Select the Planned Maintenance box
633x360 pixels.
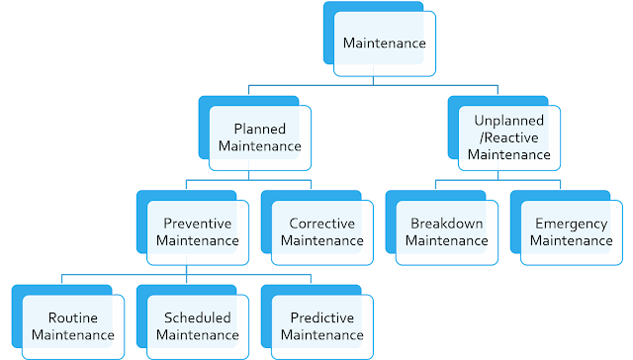(260, 137)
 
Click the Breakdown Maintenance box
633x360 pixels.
(446, 231)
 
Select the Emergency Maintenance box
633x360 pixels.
(571, 231)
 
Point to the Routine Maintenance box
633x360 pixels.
(73, 326)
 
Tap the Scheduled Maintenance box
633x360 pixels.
(198, 326)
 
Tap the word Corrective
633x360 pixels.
(322, 224)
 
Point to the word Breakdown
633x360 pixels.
(446, 224)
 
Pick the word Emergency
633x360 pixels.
(571, 224)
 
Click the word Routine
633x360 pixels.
(73, 318)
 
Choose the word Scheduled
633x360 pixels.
(198, 318)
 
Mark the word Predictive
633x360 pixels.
(322, 318)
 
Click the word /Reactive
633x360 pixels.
(507, 138)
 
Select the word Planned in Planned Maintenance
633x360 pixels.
(260, 130)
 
